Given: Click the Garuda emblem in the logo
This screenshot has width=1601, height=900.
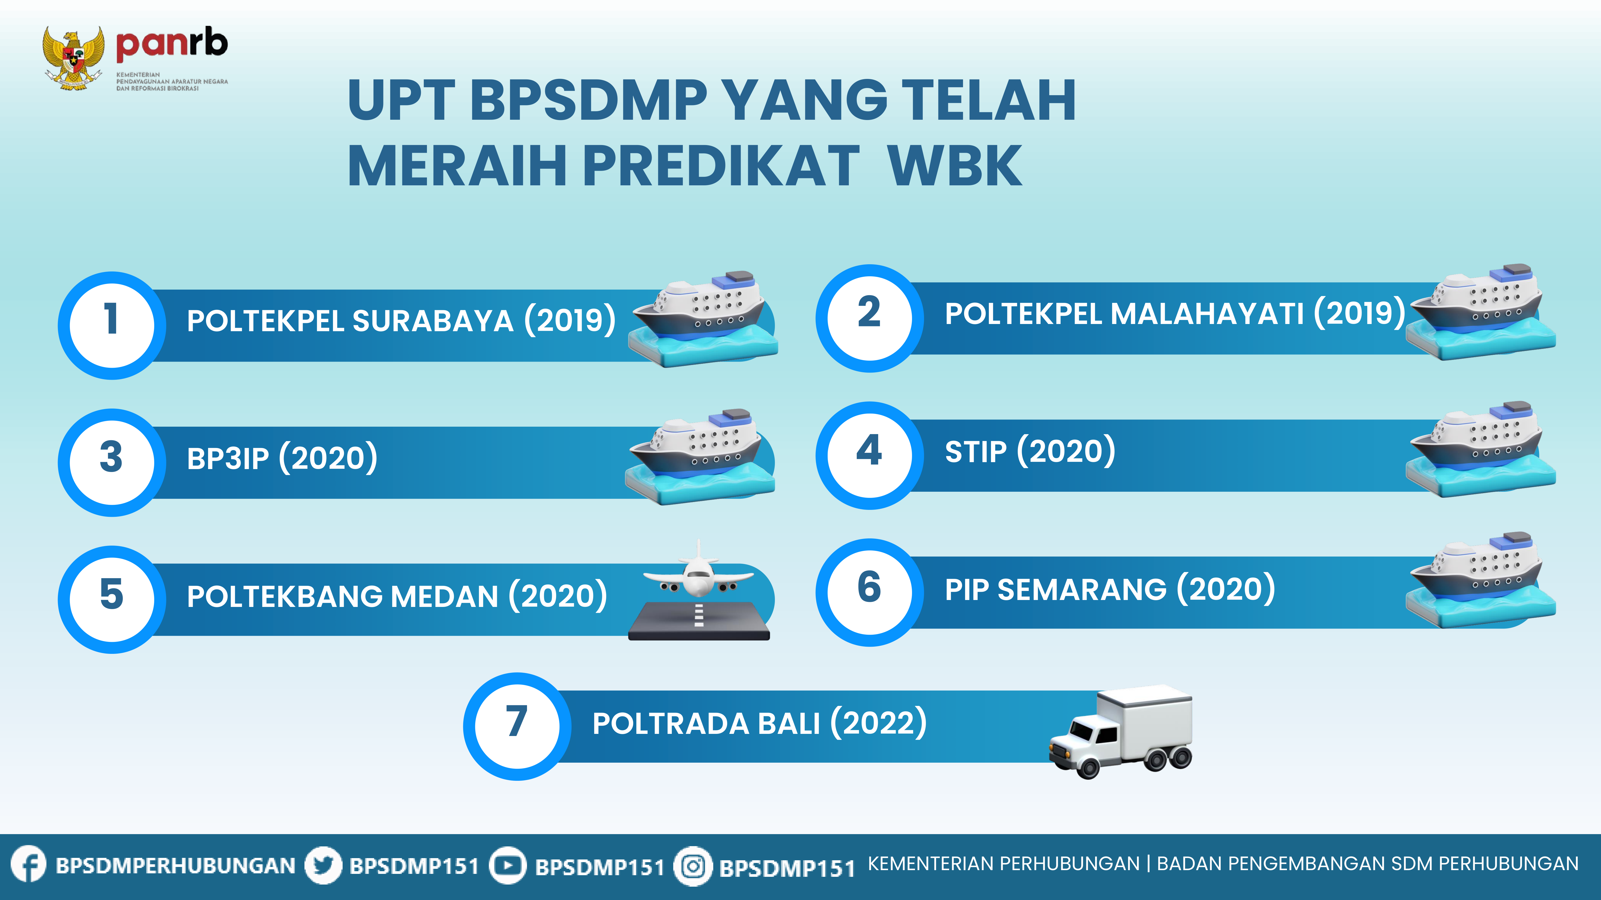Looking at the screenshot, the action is click(73, 58).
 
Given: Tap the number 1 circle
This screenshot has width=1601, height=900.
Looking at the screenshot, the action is click(112, 325).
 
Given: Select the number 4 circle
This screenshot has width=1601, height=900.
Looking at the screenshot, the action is click(870, 455).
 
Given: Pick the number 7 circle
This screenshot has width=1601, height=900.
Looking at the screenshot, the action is click(517, 726).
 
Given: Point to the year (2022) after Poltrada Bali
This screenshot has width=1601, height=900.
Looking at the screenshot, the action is click(879, 722).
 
